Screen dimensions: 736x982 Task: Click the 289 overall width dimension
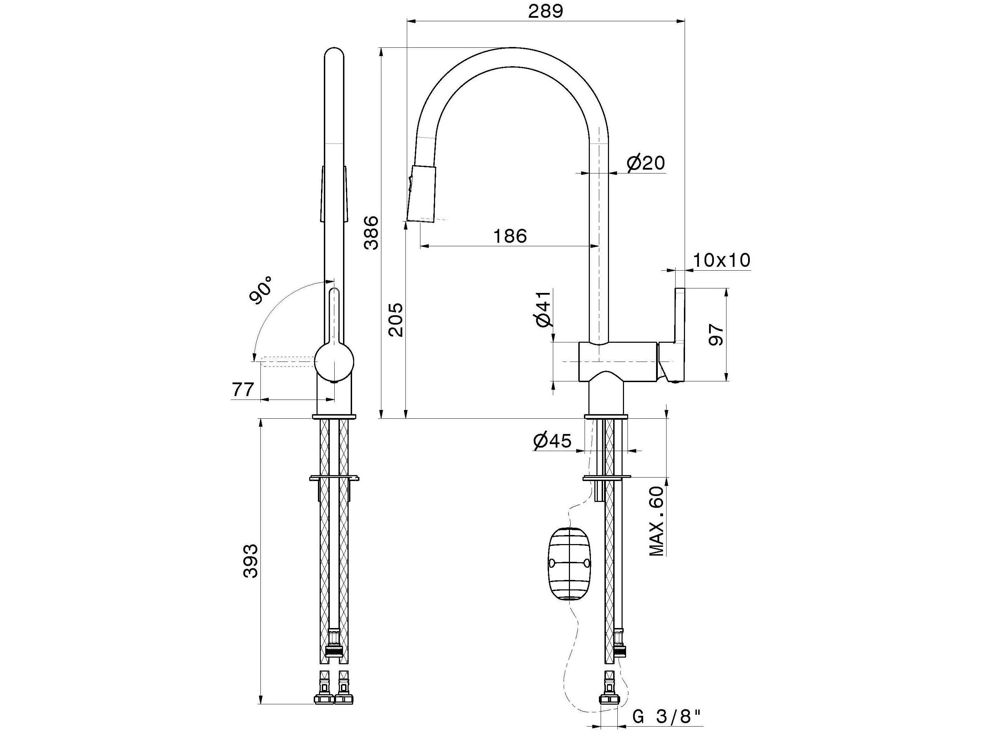545,11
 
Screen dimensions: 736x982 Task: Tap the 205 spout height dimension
396,319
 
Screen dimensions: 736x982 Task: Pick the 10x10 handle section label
721,260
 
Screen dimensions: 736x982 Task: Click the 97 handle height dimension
716,334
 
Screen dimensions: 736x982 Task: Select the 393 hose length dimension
251,561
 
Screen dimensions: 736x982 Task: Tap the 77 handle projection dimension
243,389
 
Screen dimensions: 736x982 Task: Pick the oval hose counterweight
570,564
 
